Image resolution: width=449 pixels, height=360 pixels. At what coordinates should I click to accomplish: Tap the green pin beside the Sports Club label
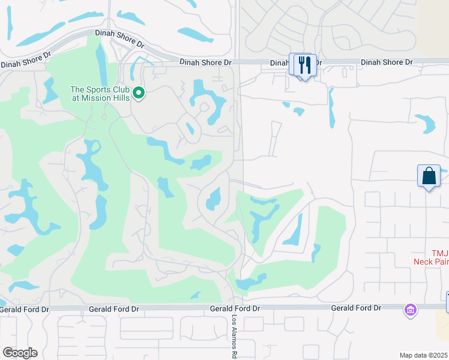[x=139, y=92]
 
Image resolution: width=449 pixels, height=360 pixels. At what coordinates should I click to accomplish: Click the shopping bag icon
[x=429, y=176]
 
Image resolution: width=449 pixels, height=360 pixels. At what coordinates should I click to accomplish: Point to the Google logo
[x=20, y=353]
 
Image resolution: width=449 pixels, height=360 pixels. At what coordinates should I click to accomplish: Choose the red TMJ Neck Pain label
[x=431, y=257]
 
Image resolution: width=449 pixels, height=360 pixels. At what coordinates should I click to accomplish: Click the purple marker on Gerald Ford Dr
[x=410, y=310]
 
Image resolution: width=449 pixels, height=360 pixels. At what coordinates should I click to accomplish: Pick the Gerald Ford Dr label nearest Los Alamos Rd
[x=235, y=308]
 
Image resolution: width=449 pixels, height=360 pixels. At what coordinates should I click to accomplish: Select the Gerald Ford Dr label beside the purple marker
[x=356, y=308]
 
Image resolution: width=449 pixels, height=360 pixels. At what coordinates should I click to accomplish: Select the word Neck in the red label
[x=424, y=261]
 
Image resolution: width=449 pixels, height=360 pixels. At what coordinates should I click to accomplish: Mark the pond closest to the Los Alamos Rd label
[x=251, y=281]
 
